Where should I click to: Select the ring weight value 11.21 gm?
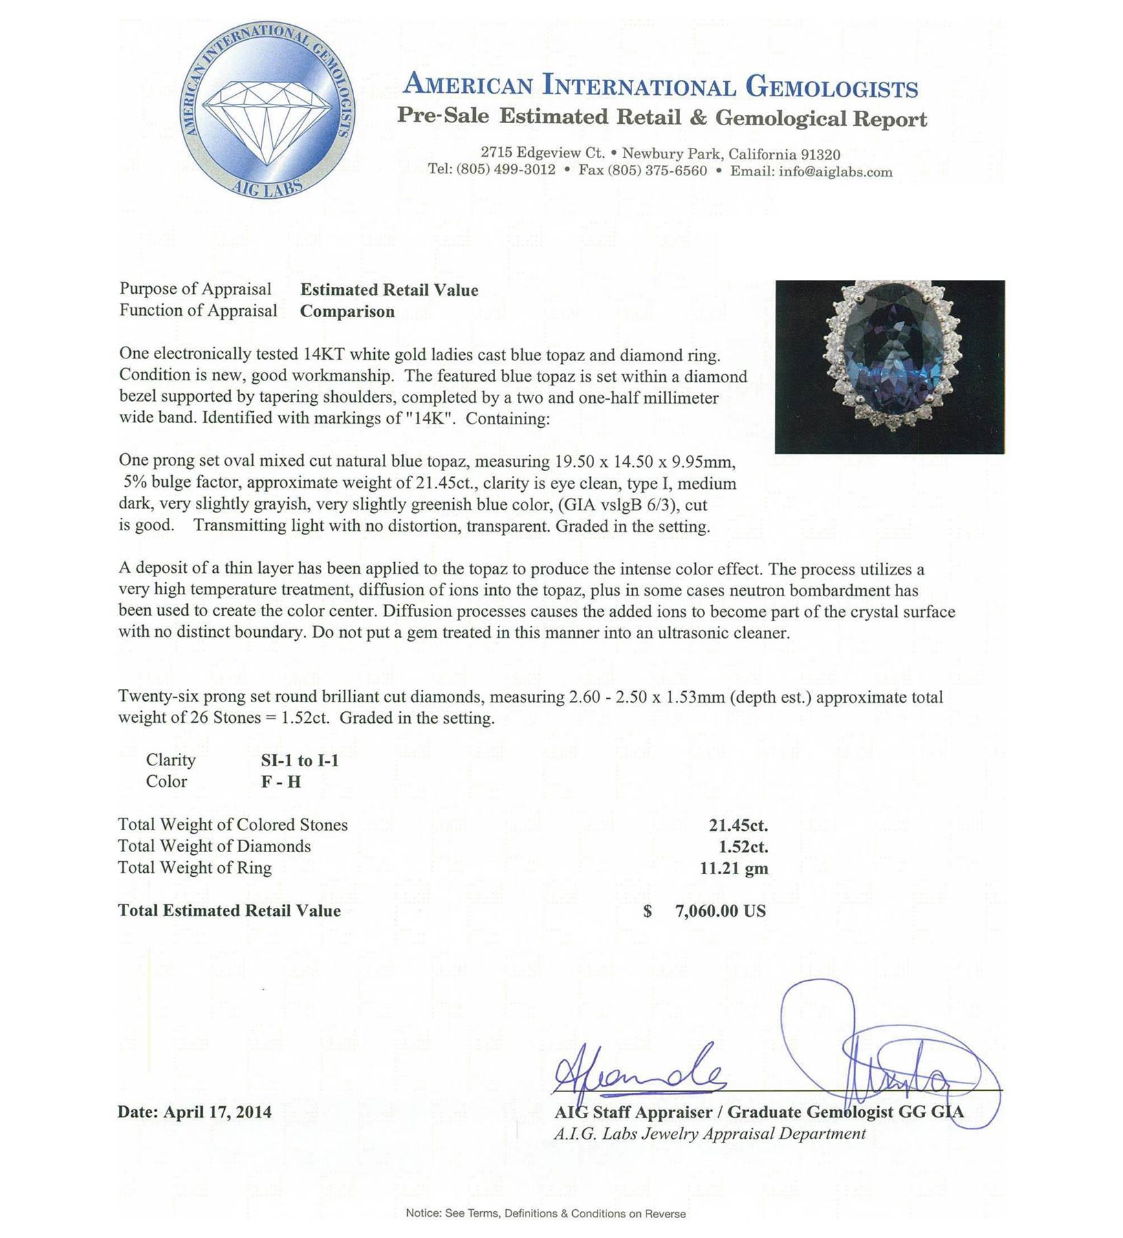pos(734,868)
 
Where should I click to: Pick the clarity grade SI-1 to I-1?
pos(300,760)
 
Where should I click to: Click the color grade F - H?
pos(281,782)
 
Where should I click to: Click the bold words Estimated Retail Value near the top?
pos(389,290)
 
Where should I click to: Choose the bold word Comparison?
pos(347,312)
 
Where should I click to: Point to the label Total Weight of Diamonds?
pos(214,847)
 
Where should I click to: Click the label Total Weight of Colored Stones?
pos(232,825)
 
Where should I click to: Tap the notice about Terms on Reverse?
pos(545,1214)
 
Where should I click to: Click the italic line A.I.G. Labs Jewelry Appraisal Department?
pos(710,1134)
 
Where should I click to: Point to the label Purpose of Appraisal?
pos(195,289)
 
